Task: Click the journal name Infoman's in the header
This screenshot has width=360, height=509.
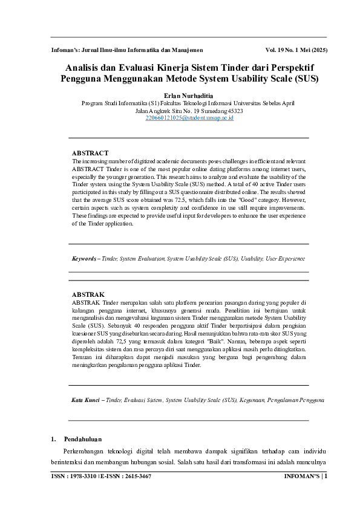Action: tap(67, 50)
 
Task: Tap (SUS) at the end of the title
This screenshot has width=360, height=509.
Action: tap(304, 79)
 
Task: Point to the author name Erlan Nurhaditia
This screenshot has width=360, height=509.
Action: tap(180, 96)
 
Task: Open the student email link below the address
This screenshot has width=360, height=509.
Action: tap(180, 118)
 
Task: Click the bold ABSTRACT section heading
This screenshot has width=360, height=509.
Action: tap(90, 154)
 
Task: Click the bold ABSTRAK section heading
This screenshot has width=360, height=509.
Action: tap(88, 294)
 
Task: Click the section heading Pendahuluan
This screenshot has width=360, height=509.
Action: tap(83, 438)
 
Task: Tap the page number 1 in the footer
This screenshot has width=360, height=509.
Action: tap(326, 476)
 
